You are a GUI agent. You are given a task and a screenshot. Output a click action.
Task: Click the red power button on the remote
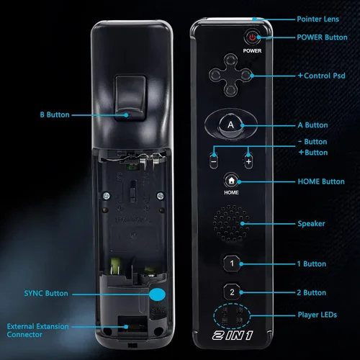(252, 37)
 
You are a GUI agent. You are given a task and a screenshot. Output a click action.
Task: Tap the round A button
(231, 125)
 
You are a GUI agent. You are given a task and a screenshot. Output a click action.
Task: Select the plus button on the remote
(248, 161)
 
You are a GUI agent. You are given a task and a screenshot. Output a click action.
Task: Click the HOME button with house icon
(231, 181)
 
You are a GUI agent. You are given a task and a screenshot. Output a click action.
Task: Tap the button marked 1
(232, 264)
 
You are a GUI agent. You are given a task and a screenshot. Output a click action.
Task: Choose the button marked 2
(232, 292)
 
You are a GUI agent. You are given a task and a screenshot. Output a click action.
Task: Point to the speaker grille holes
(231, 223)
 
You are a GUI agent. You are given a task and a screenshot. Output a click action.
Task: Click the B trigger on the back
(130, 98)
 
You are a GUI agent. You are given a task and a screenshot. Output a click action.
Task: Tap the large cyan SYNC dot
(157, 294)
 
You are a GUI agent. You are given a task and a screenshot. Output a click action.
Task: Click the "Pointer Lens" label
(318, 19)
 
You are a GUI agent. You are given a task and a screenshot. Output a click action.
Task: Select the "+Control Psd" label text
(322, 76)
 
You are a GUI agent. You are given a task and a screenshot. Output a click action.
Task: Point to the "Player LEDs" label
(318, 315)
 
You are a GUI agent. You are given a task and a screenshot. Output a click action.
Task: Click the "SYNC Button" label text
(46, 293)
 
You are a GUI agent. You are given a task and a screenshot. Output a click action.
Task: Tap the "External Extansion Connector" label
(37, 330)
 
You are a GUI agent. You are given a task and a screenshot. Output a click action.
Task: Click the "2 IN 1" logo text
(233, 336)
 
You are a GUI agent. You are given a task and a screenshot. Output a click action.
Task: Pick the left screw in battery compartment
(107, 196)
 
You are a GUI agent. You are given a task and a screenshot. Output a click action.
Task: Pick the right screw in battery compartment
(160, 196)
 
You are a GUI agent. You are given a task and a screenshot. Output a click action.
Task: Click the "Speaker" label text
(311, 224)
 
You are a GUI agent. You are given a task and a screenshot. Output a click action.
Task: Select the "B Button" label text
(55, 114)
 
